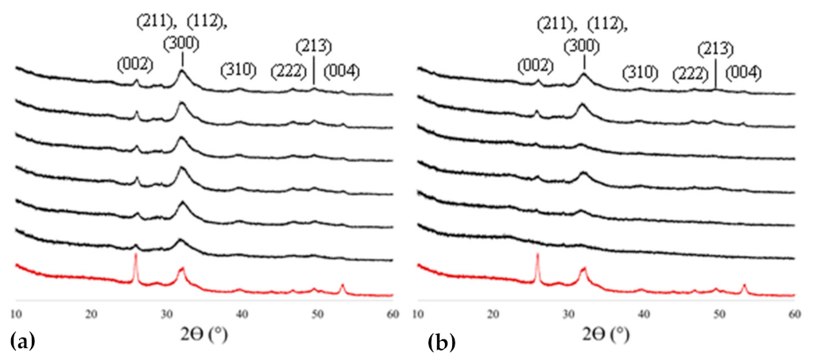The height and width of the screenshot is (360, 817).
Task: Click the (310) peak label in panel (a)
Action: pos(238,71)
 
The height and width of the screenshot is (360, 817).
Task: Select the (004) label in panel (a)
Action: pos(342,72)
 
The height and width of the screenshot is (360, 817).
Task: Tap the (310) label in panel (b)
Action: pos(640,72)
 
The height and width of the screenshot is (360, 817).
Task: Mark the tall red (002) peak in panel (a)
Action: pos(136,257)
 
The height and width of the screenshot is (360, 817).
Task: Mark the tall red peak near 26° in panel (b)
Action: pos(537,256)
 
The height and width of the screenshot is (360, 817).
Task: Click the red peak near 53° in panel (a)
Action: pos(343,285)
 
